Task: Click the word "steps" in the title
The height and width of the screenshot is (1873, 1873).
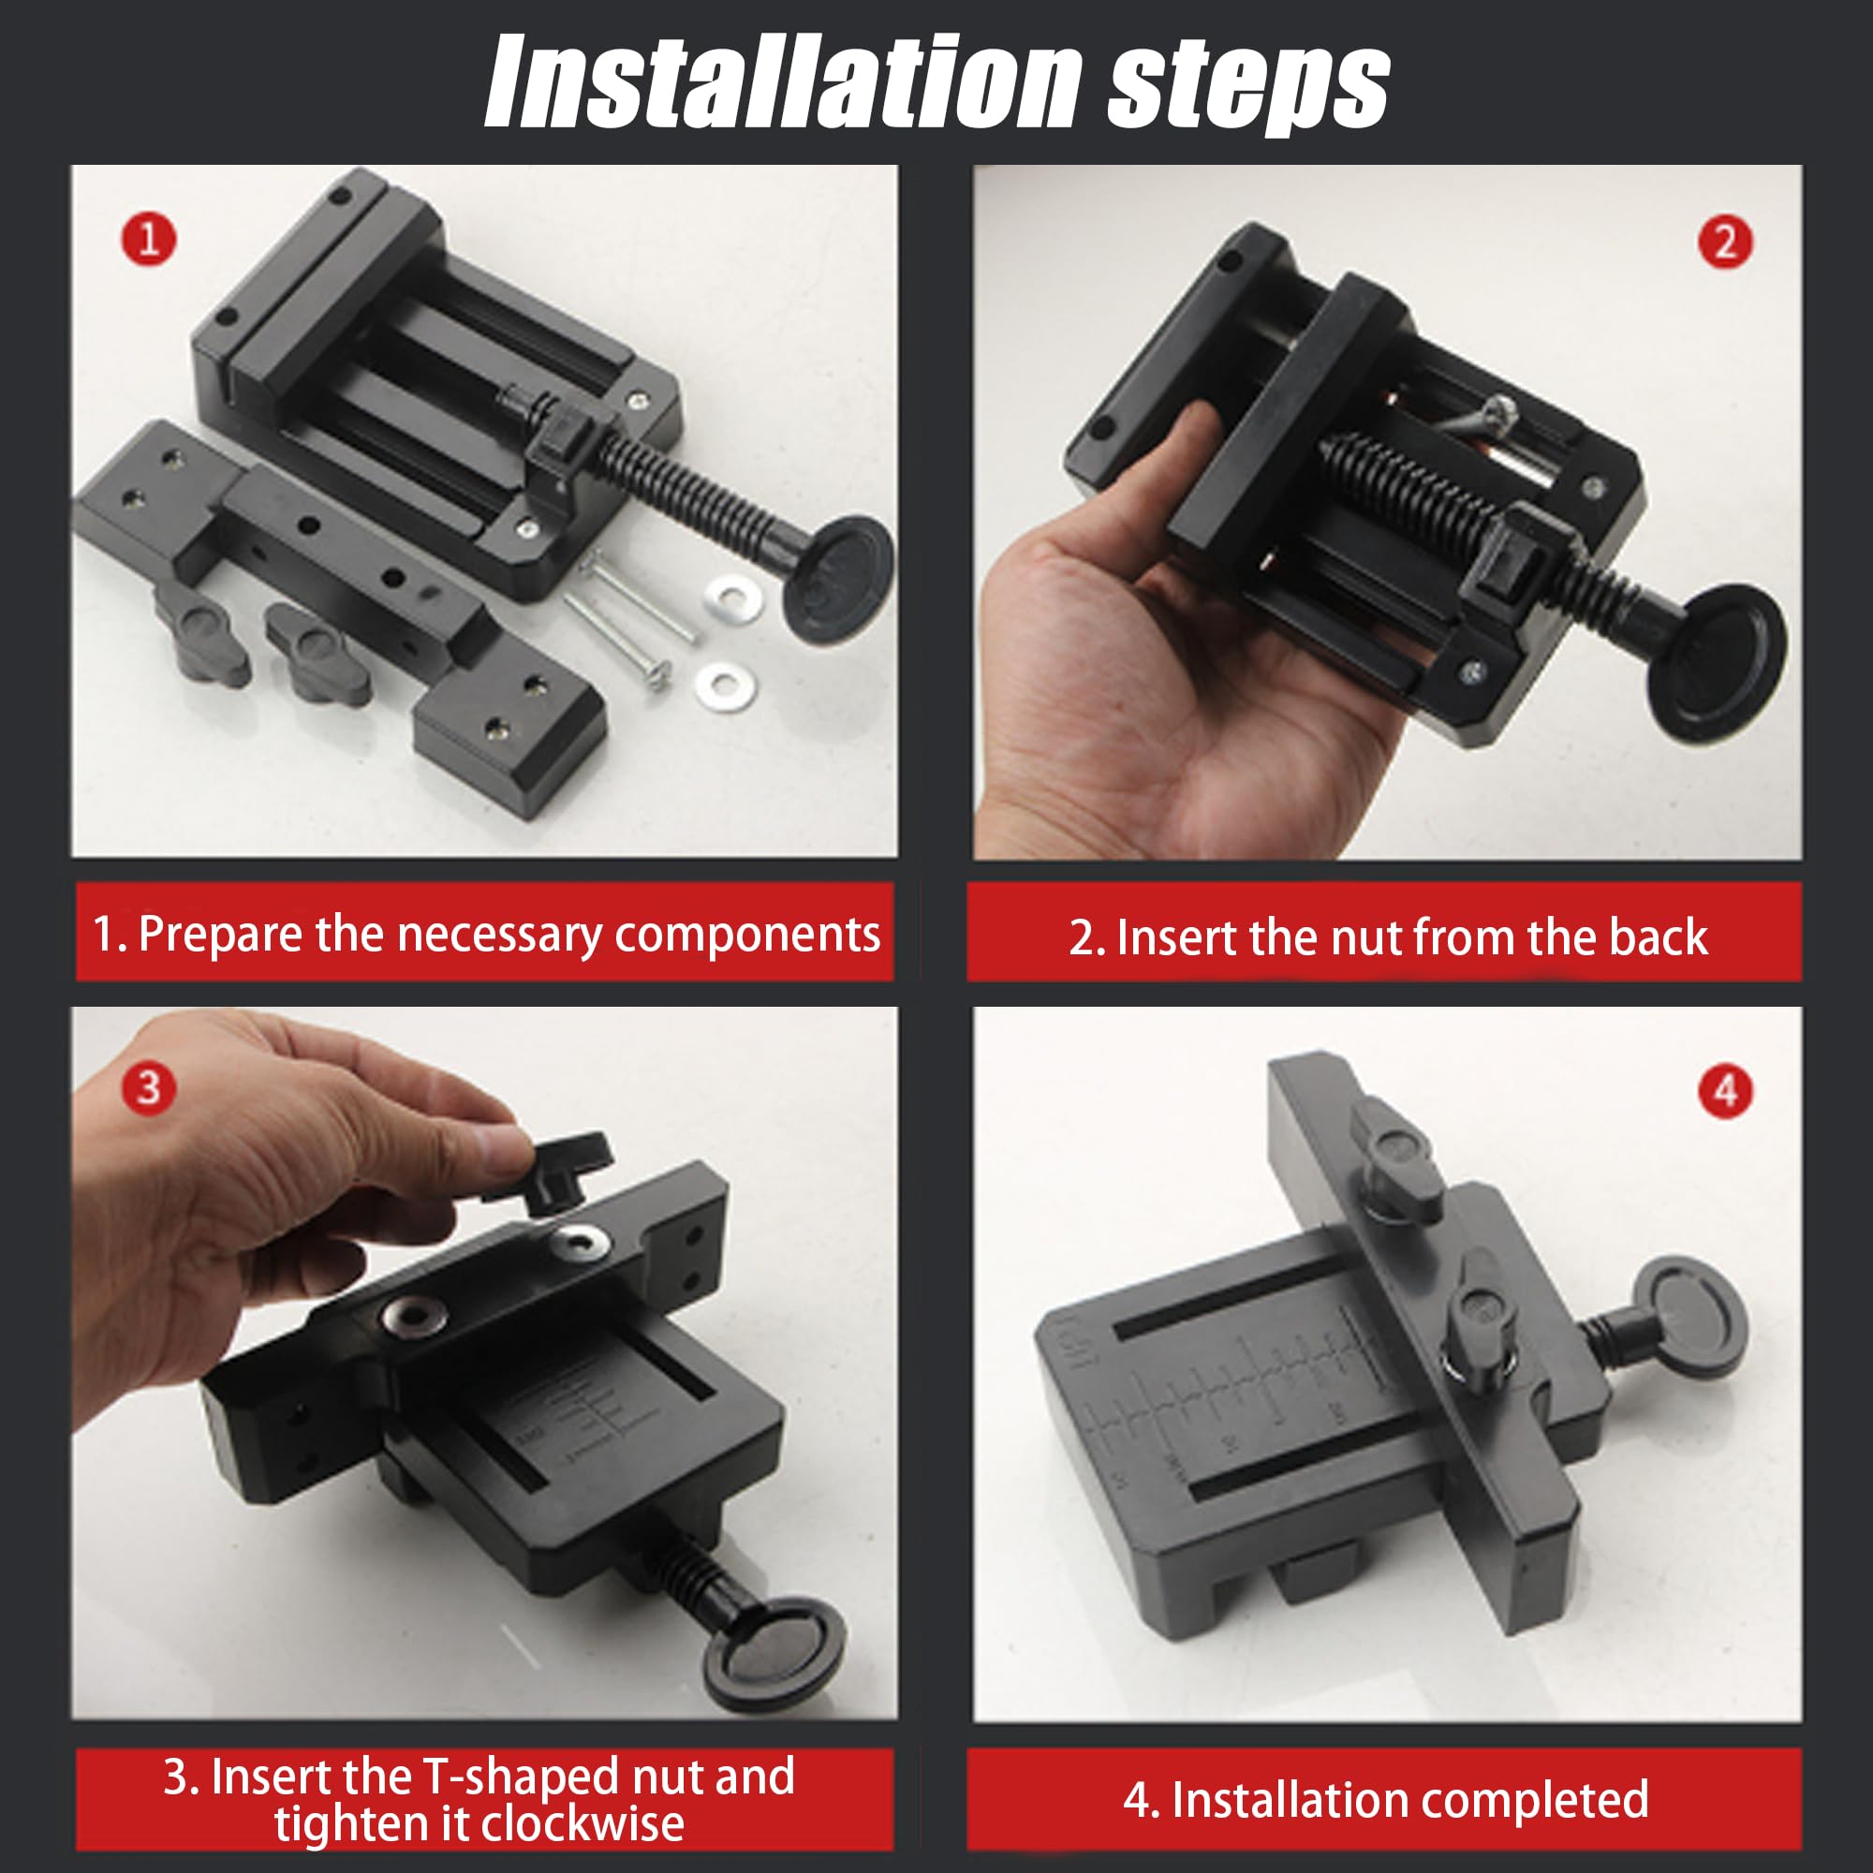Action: pyautogui.click(x=1248, y=89)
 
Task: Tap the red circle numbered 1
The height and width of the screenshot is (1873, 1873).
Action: pyautogui.click(x=148, y=239)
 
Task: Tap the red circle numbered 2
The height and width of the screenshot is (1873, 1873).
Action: pyautogui.click(x=1726, y=242)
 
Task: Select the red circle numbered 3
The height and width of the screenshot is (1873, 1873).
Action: pyautogui.click(x=148, y=1086)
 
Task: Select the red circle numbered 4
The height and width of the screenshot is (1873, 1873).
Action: pyautogui.click(x=1726, y=1091)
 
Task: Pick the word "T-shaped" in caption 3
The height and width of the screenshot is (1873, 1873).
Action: pyautogui.click(x=521, y=1777)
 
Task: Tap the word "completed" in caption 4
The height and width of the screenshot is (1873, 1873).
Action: pyautogui.click(x=1530, y=1800)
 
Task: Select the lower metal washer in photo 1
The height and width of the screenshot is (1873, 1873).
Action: pyautogui.click(x=726, y=686)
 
